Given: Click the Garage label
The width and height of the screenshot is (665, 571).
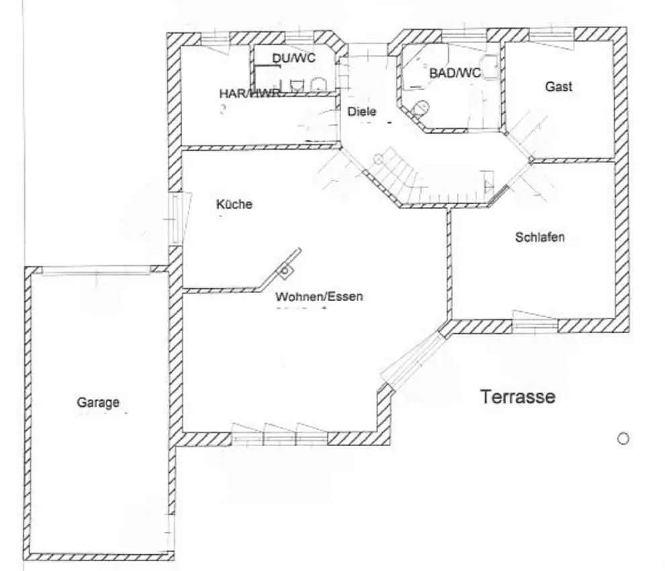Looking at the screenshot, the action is (x=98, y=402).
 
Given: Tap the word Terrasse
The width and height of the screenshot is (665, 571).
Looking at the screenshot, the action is (x=518, y=396).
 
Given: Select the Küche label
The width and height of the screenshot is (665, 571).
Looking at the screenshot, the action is (x=234, y=204).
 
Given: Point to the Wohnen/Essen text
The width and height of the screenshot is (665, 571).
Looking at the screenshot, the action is (x=319, y=296).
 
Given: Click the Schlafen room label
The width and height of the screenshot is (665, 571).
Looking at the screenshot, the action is (x=540, y=236).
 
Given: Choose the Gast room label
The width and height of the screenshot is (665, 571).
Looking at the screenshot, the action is (x=559, y=87).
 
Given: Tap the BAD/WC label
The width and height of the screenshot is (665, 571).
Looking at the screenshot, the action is (x=455, y=73).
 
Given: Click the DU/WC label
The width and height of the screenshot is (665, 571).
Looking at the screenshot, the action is (x=294, y=58).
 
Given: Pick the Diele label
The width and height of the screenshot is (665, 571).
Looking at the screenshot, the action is (x=362, y=112).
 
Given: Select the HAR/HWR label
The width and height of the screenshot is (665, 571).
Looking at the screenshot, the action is (x=250, y=93).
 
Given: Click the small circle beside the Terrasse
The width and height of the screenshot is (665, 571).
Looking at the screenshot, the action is (x=623, y=439).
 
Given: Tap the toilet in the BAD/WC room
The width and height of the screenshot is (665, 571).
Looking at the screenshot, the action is (x=420, y=108).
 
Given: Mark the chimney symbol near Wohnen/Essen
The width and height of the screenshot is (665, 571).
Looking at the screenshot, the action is (x=284, y=270).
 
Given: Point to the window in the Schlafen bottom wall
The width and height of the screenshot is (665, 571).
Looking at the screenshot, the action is (x=535, y=322).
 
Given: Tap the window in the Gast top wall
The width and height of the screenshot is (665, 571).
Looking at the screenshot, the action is (x=551, y=36).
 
